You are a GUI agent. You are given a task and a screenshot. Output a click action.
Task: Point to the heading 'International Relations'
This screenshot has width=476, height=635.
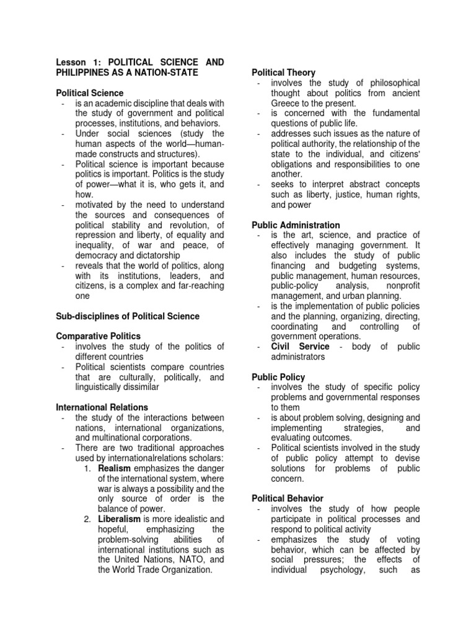[x=102, y=407]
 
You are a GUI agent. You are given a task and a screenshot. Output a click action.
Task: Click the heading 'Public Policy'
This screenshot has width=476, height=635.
[x=278, y=377]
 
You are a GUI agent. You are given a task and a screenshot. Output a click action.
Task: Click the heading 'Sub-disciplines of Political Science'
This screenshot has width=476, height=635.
[x=128, y=316]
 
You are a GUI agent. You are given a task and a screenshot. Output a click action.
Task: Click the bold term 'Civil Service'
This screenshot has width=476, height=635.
[x=300, y=346]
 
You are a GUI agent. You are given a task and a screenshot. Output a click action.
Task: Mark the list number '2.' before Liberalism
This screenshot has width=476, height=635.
[x=88, y=518]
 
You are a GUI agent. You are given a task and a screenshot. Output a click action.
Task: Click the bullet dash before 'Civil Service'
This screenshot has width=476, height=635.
[x=258, y=346]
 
